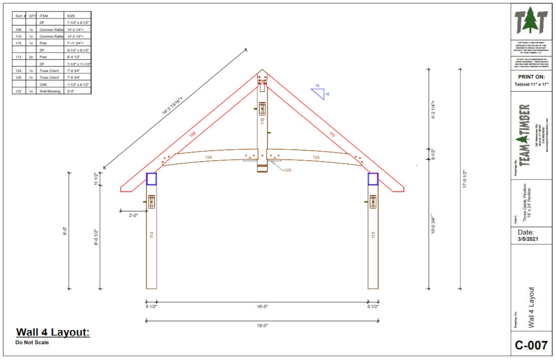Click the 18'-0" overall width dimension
(262, 326)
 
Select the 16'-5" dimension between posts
(262, 307)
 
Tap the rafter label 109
(193, 134)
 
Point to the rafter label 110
(332, 134)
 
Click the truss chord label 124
(208, 158)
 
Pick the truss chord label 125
(316, 158)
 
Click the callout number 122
(287, 171)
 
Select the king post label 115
(262, 121)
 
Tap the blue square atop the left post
(151, 179)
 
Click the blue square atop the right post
(373, 179)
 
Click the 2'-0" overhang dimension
(133, 215)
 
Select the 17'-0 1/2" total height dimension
(465, 179)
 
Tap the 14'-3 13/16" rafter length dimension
(172, 106)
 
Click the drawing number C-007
(531, 345)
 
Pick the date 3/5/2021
(528, 239)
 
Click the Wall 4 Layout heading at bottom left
(53, 332)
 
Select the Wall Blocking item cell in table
(50, 91)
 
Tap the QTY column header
(32, 16)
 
